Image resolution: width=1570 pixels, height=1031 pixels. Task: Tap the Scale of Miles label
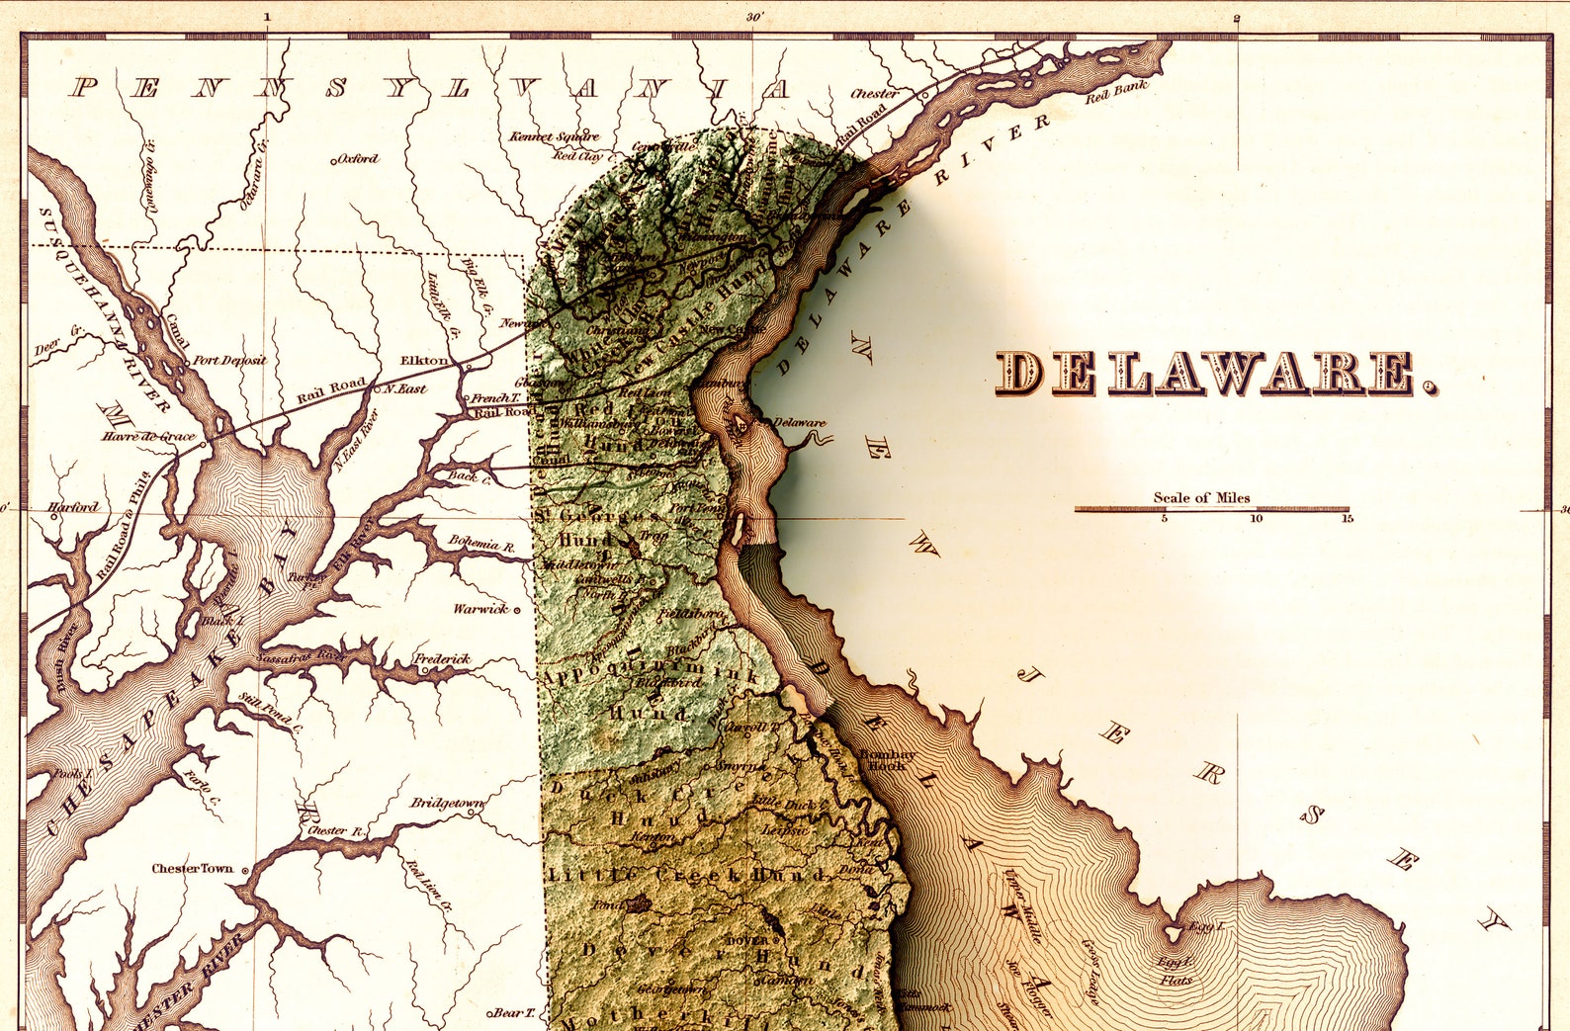(1201, 498)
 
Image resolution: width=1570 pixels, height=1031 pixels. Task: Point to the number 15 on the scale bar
(1347, 518)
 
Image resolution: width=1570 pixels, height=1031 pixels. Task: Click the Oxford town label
(357, 159)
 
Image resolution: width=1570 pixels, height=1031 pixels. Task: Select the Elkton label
(424, 361)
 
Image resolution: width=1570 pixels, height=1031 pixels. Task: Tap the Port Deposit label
(229, 361)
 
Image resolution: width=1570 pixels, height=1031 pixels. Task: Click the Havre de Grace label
(148, 436)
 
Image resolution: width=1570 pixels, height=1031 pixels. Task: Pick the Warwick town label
(480, 609)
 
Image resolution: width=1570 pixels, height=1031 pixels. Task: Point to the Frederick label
(442, 659)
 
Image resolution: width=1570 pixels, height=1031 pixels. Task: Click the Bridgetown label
(447, 803)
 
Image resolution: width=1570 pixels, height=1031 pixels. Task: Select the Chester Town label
(192, 869)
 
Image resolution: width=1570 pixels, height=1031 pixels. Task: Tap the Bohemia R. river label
(481, 543)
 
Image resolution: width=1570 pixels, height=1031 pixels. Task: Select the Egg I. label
(1206, 927)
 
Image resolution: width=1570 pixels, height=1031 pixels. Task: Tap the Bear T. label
(512, 1013)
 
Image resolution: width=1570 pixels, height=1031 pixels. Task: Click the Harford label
(73, 507)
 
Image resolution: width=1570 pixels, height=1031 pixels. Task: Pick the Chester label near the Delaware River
(874, 94)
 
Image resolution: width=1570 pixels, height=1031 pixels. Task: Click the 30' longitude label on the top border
(754, 17)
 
